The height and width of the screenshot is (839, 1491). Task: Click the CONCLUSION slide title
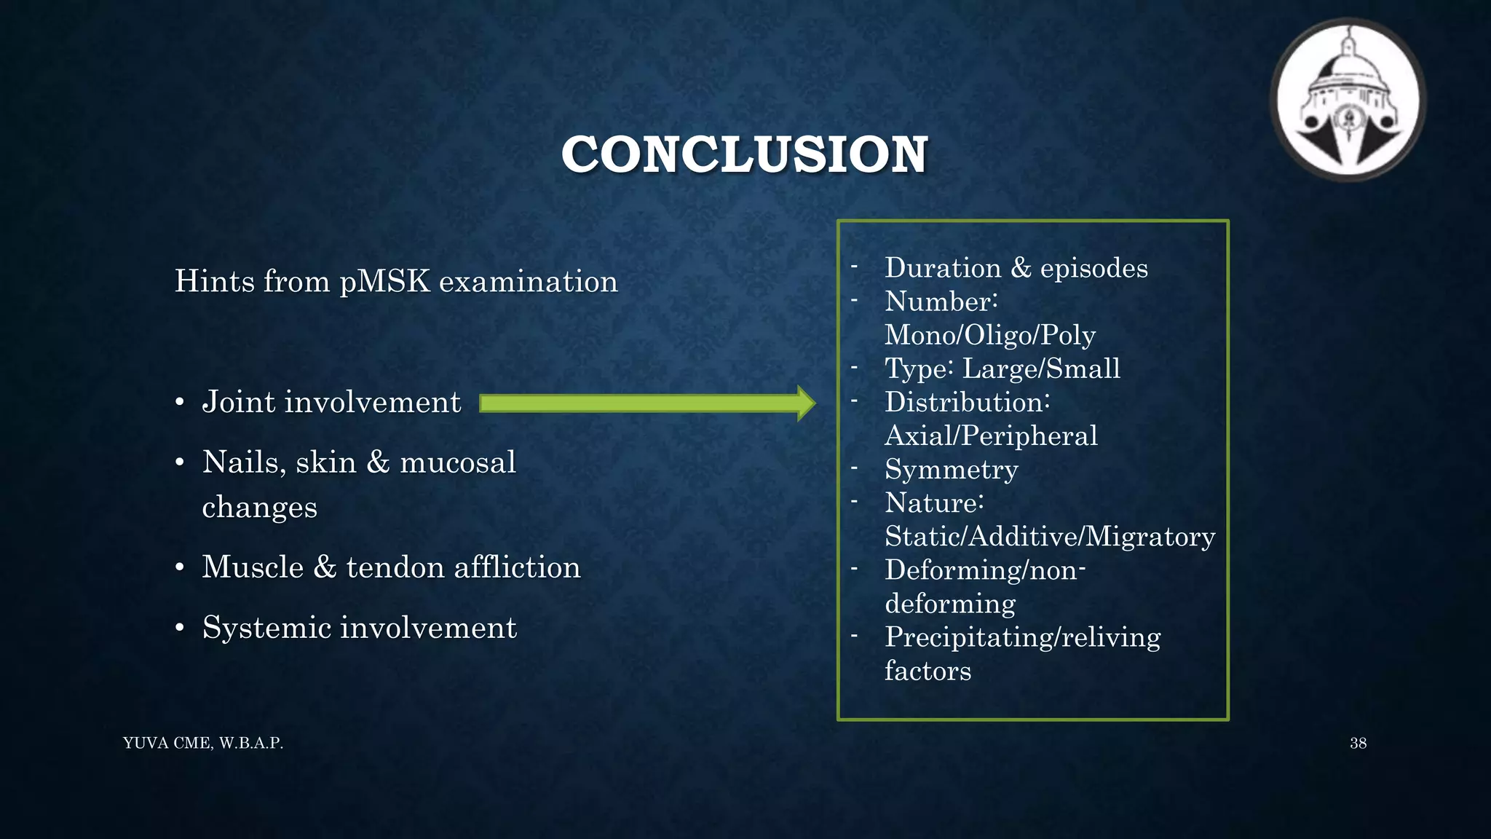click(x=744, y=154)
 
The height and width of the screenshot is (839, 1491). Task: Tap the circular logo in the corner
click(x=1348, y=100)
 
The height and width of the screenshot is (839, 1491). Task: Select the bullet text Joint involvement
click(x=331, y=402)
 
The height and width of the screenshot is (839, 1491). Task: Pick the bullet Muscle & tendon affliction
click(x=391, y=567)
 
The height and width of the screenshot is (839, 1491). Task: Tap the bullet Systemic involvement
click(x=359, y=628)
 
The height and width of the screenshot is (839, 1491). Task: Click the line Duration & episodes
click(x=1016, y=268)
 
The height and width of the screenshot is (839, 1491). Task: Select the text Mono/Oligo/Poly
click(x=989, y=335)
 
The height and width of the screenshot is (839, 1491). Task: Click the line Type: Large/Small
click(x=1002, y=369)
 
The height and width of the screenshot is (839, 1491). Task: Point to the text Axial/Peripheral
click(x=991, y=436)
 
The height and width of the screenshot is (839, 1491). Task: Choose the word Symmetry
click(x=951, y=470)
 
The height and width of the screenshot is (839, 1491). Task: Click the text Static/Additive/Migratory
click(x=1049, y=537)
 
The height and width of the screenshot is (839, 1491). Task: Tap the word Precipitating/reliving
click(x=1022, y=637)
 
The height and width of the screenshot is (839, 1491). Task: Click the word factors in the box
click(x=928, y=671)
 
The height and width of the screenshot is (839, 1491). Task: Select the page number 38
click(x=1358, y=744)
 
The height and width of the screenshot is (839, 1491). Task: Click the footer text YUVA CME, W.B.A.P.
click(x=203, y=744)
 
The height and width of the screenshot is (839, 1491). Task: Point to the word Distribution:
click(x=967, y=402)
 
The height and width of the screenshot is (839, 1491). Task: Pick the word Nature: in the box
click(x=934, y=503)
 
